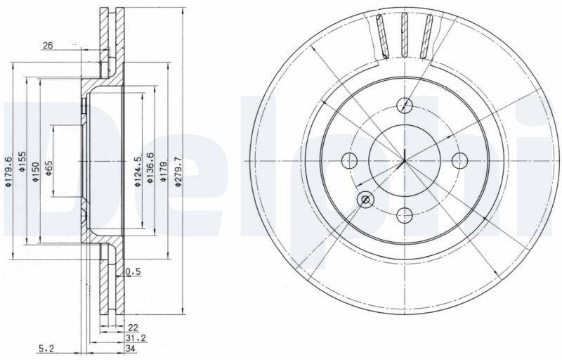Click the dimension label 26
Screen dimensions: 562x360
click(x=48, y=46)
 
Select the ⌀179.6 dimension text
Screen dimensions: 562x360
click(x=9, y=172)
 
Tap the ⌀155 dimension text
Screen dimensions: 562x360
click(x=22, y=162)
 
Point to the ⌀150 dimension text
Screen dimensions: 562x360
click(x=36, y=172)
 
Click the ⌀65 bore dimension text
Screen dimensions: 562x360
click(x=48, y=168)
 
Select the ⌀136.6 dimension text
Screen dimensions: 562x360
click(x=150, y=168)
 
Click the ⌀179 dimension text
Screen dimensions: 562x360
click(x=164, y=172)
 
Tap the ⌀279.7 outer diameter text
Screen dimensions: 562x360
click(x=178, y=172)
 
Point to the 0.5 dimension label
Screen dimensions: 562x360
click(x=133, y=272)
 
